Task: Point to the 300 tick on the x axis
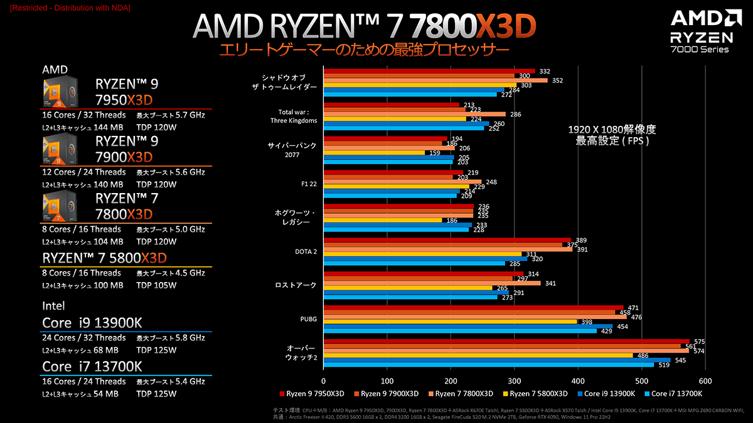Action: point(514,380)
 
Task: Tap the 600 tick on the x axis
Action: point(705,380)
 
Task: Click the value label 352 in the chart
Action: point(557,80)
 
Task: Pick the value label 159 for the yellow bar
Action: point(433,152)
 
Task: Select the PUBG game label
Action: point(309,319)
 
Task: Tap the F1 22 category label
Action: point(308,184)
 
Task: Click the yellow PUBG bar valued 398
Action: point(449,321)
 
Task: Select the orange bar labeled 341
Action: point(432,283)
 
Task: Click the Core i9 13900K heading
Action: point(92,323)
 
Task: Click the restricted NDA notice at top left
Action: point(67,7)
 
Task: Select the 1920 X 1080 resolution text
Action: point(611,130)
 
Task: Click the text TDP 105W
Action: point(156,286)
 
